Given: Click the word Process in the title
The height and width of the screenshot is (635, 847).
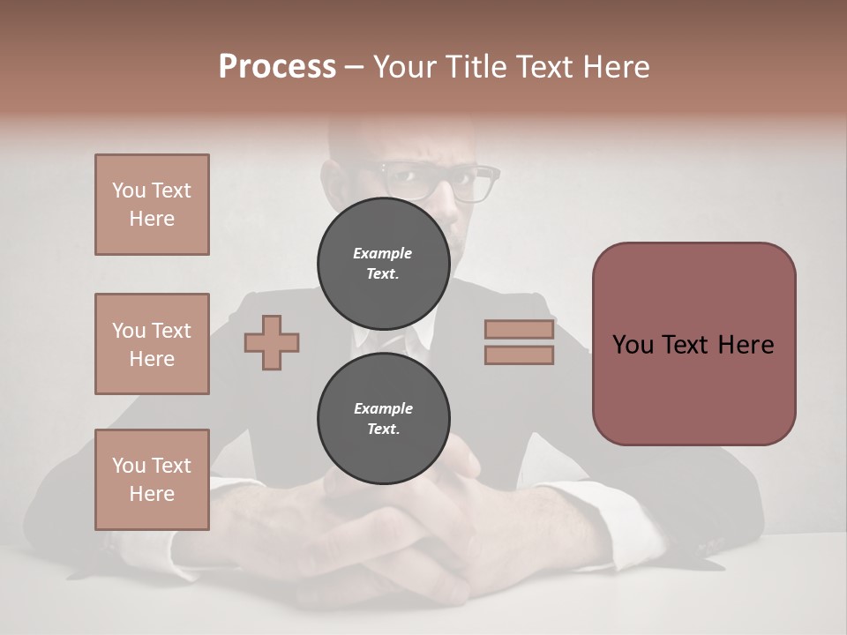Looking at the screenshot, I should pos(277,67).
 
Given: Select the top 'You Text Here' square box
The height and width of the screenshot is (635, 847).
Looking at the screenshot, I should pos(152,205).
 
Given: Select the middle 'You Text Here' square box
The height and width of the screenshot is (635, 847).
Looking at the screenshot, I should pos(152,344).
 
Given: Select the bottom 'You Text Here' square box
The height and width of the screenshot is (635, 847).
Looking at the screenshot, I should pos(152,480).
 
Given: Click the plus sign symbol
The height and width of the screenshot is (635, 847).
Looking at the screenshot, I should pos(272,342).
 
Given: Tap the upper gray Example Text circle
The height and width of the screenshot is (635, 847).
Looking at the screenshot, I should pos(383,264).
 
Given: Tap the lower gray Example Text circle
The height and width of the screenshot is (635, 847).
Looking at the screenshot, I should pos(383,419).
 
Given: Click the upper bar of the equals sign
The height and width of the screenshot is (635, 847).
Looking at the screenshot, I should pos(519,330).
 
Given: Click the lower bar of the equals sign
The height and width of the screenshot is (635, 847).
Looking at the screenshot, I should pos(519,355).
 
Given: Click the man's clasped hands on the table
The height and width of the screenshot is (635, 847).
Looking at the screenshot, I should pos(397,529).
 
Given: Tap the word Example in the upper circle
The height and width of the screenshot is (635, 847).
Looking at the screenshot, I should pos(383,254).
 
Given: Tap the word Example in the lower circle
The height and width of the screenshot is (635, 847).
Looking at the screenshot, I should pos(383,409).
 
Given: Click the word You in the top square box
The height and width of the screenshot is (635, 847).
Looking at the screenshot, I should pos(129,190).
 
